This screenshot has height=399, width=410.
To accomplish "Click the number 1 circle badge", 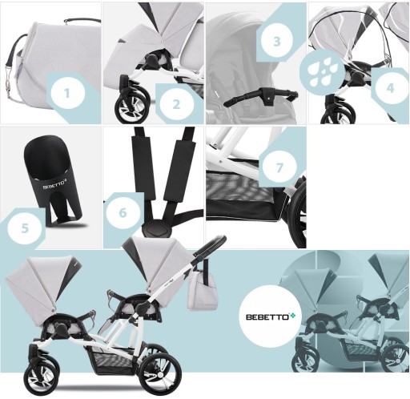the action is tap(68, 92).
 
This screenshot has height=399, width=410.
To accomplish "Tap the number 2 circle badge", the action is tap(176, 103).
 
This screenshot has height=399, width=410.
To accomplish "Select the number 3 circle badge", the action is tap(277, 41).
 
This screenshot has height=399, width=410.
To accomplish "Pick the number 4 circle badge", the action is tap(391, 87).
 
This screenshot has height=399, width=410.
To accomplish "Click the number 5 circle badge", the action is tap(25, 228).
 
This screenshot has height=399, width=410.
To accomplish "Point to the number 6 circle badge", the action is tap(123, 212).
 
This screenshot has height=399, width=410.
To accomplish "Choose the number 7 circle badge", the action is tap(279, 167).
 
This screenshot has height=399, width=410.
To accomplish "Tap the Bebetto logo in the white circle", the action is tap(271, 316).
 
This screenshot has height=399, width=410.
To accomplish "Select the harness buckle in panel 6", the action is tap(156, 228).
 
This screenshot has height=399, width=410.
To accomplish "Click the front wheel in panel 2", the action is tap(131, 106).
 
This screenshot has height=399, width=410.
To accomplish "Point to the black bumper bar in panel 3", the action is tap(261, 95).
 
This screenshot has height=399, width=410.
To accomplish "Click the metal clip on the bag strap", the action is tap(9, 81).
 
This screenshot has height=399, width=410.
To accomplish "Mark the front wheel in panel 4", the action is tap(338, 115).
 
